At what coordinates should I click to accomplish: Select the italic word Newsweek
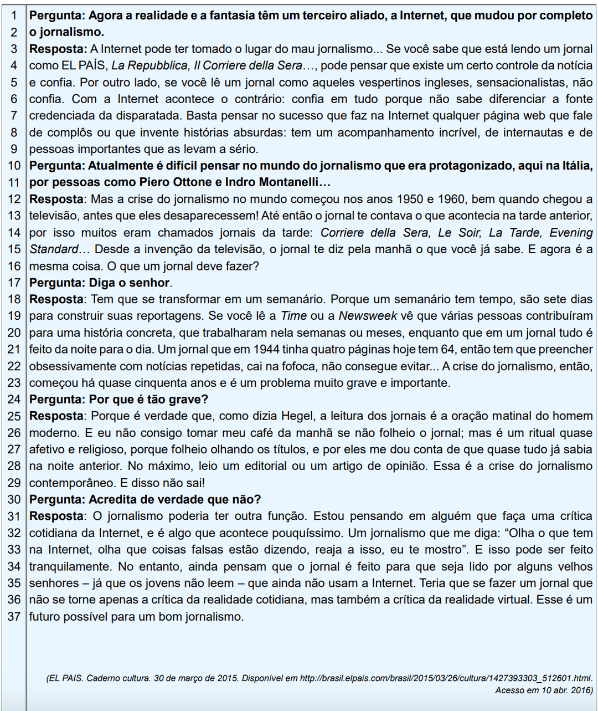[368, 316]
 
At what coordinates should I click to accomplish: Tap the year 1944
[266, 350]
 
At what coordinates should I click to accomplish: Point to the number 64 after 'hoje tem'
[447, 350]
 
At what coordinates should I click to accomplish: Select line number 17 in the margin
[14, 283]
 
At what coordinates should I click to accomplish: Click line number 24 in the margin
[14, 400]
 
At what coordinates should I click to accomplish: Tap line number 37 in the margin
[14, 616]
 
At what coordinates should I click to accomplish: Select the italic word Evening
[571, 233]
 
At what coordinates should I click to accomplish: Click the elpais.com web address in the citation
[445, 678]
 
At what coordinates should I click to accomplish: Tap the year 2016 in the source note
[579, 690]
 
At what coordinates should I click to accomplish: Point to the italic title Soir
[470, 233]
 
